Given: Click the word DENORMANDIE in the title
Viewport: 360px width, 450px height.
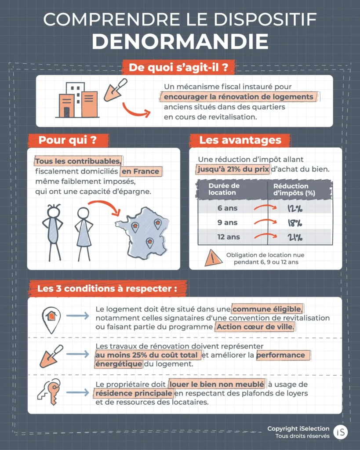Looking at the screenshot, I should [180, 41].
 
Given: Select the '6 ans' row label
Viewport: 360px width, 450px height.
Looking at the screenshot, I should [227, 208].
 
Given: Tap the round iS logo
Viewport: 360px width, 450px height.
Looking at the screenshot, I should [340, 432].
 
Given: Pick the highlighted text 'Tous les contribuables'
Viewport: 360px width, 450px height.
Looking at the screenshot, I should [78, 161].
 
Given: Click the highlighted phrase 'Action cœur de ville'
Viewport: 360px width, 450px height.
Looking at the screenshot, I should [255, 327].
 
